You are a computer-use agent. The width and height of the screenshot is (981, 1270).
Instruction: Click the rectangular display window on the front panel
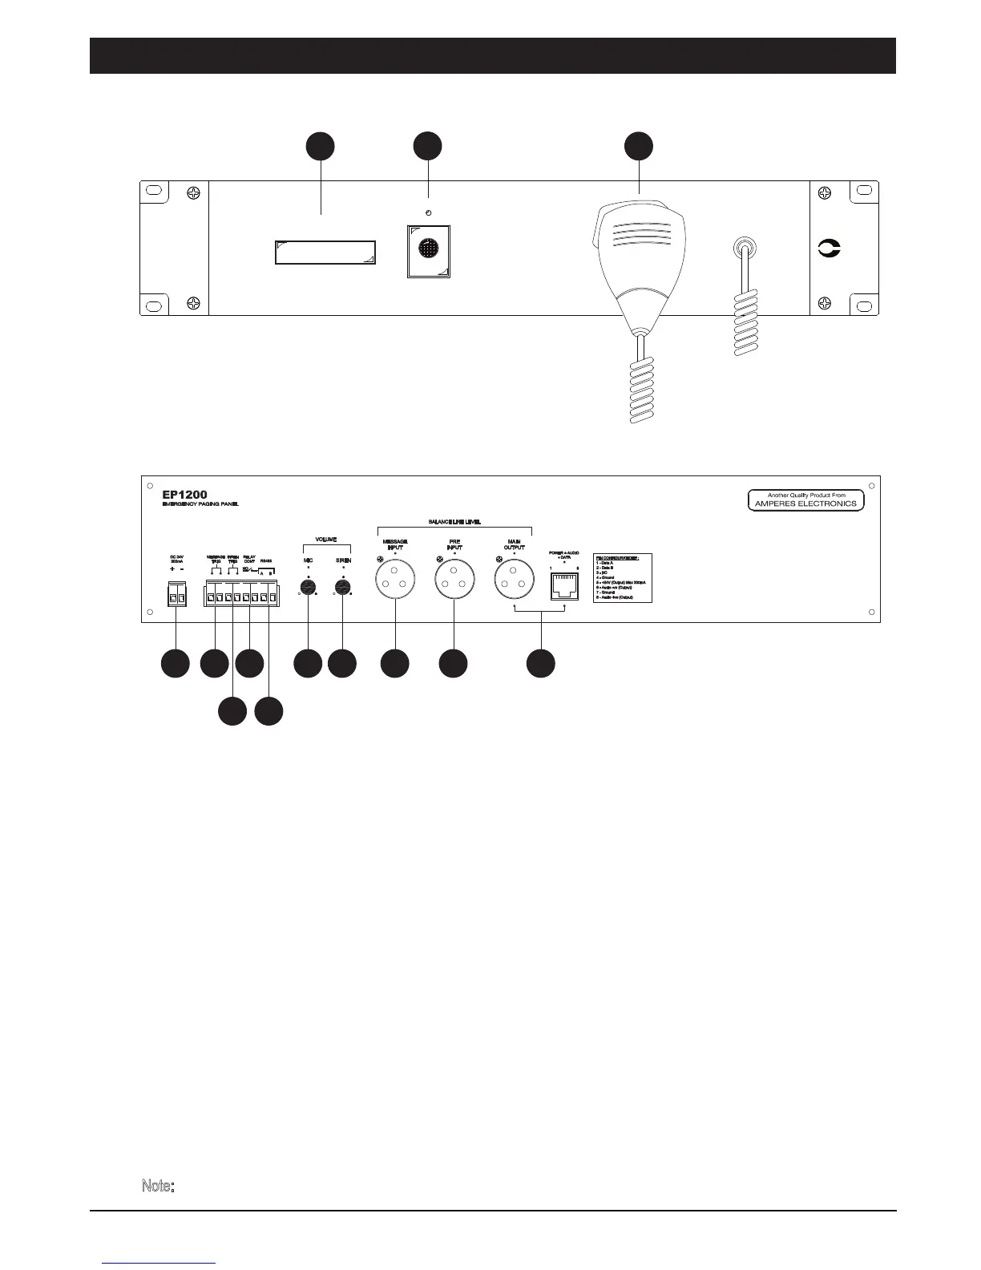click(x=325, y=252)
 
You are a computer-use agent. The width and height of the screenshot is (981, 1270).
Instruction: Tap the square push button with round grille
click(x=429, y=252)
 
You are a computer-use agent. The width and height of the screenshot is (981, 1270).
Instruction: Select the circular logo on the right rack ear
click(x=829, y=249)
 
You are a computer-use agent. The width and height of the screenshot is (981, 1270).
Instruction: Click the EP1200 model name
click(x=184, y=494)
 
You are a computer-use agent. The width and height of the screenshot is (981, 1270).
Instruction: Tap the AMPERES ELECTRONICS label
click(x=806, y=504)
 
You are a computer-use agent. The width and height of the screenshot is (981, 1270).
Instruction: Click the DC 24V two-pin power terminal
click(x=177, y=597)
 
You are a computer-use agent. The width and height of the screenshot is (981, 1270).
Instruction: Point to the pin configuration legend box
click(x=622, y=577)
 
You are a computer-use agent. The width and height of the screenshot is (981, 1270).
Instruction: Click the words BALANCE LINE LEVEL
click(x=454, y=522)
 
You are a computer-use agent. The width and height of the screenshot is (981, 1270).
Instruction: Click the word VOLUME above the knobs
click(x=325, y=540)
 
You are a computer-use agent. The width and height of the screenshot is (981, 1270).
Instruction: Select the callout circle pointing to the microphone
click(x=639, y=147)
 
